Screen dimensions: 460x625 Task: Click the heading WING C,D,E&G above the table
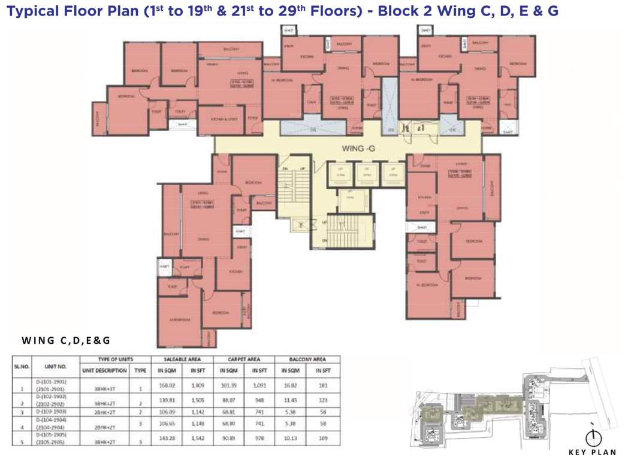coord(66,341)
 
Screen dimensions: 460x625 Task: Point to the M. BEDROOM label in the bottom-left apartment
coord(179,320)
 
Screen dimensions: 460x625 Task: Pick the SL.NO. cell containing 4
coord(22,427)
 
